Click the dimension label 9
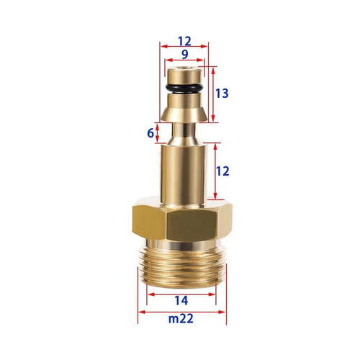click(184, 55)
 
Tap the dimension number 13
click(222, 94)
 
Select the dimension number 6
click(150, 133)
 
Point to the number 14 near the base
click(181, 301)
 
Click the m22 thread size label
click(181, 319)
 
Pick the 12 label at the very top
click(184, 41)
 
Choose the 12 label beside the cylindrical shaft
click(222, 171)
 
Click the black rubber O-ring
click(184, 89)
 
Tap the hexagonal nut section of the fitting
click(182, 220)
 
